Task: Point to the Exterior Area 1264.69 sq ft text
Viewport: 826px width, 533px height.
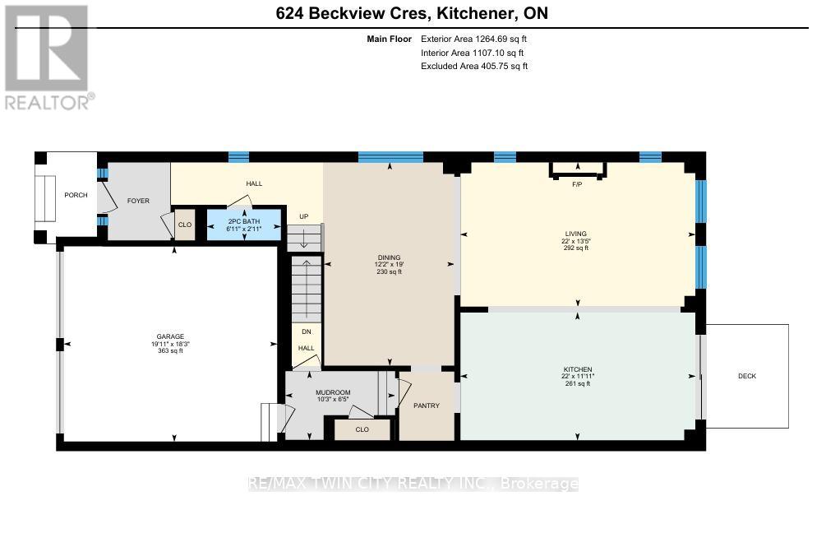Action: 474,39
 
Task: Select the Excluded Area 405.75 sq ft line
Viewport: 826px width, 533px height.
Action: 474,66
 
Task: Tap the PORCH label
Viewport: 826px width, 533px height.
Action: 76,195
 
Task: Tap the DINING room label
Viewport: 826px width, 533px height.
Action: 389,257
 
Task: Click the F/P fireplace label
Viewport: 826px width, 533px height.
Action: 577,184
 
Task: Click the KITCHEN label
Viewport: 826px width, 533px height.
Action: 578,368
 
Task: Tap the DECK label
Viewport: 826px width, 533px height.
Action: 746,376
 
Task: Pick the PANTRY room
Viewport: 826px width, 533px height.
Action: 427,406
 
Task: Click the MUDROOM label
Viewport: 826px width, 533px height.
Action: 333,392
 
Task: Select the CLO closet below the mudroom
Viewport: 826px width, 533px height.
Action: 362,429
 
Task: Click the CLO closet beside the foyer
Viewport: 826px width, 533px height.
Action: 185,224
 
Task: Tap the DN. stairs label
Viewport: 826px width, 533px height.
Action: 307,331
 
